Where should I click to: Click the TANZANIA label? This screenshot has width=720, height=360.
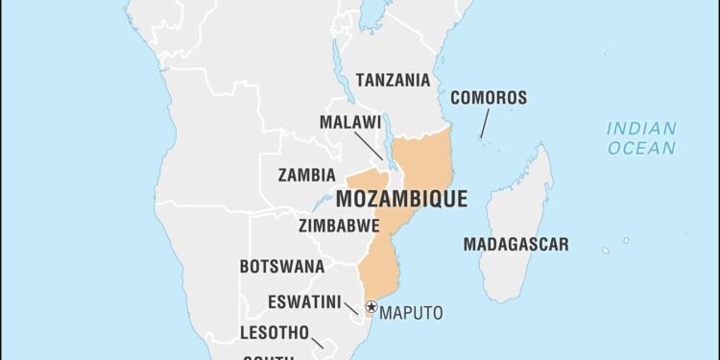click(393, 80)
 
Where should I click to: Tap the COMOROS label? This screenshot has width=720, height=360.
click(489, 98)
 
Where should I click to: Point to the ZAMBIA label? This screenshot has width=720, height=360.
click(306, 176)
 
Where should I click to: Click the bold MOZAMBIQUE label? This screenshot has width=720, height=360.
click(401, 200)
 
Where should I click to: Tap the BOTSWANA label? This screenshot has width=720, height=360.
click(282, 266)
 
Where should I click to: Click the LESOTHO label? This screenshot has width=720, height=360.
click(274, 334)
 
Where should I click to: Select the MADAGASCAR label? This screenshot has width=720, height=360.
click(516, 244)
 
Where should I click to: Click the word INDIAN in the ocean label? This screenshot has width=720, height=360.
click(641, 128)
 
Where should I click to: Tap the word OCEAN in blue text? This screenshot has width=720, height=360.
click(641, 148)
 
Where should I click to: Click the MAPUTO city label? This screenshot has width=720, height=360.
click(412, 313)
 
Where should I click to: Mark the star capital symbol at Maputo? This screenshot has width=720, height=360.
click(371, 307)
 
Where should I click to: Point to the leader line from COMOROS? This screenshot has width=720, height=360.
click(484, 124)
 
